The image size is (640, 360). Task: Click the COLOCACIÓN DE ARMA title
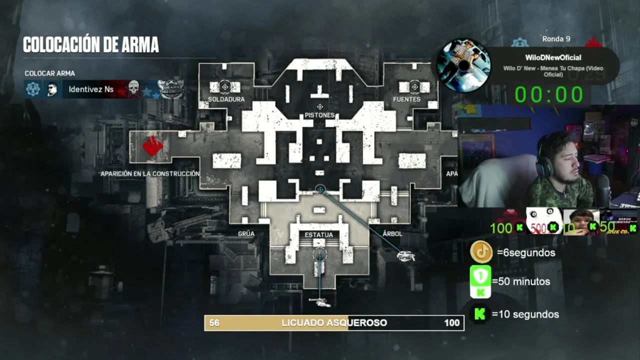click(91, 45)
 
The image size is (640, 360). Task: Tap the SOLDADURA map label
click(226, 99)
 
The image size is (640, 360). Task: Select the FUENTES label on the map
click(406, 99)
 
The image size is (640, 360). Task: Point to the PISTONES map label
click(319, 115)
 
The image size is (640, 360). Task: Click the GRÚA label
click(246, 234)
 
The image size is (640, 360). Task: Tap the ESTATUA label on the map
click(318, 234)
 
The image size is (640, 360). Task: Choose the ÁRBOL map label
click(392, 234)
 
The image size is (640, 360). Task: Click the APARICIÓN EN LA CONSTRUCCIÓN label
click(150, 174)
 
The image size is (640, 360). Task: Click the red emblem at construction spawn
click(152, 145)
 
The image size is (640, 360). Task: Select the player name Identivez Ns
click(91, 89)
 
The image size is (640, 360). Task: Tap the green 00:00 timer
click(549, 94)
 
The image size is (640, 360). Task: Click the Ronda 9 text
click(556, 39)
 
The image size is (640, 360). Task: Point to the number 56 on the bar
click(214, 323)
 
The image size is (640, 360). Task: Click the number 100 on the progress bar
click(451, 323)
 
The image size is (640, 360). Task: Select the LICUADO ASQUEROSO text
click(334, 323)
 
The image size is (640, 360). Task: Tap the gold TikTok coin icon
click(481, 252)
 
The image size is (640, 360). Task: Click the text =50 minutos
click(521, 281)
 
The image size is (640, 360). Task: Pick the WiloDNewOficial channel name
click(553, 58)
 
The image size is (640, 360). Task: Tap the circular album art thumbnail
click(463, 65)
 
